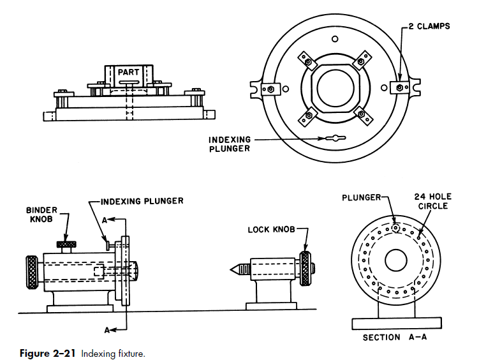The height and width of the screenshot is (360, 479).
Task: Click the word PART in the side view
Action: [x=128, y=72]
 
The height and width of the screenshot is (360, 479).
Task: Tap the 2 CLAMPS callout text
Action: [x=429, y=26]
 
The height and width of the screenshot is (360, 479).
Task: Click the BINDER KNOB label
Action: [x=41, y=214]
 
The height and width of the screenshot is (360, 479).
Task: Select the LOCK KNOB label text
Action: [x=271, y=230]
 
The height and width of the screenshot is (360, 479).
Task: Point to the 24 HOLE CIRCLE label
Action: [x=433, y=202]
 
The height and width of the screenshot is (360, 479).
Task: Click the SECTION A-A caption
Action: [x=395, y=338]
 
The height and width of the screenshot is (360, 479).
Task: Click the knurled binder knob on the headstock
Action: [x=66, y=244]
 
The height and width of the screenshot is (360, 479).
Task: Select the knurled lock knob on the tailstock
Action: [x=305, y=269]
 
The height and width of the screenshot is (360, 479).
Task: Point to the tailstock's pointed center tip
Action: [x=231, y=269]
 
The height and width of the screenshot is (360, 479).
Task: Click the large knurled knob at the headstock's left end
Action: [x=32, y=273]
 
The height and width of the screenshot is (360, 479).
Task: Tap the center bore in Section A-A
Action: [x=396, y=260]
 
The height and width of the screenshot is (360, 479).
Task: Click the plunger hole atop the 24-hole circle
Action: [x=396, y=228]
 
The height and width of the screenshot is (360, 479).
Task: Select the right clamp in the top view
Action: [x=400, y=87]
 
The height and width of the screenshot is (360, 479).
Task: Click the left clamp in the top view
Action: [x=270, y=89]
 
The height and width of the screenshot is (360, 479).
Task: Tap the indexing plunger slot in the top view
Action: [x=335, y=138]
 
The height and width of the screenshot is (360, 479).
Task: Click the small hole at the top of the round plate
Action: [x=335, y=39]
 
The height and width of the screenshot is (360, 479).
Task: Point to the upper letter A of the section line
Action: [x=105, y=220]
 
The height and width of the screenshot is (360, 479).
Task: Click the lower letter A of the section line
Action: [x=107, y=330]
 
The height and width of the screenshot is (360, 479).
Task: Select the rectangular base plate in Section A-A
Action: [x=397, y=324]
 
